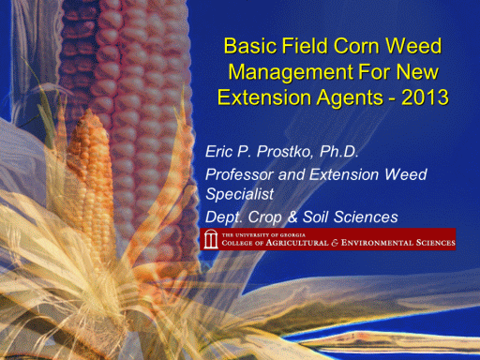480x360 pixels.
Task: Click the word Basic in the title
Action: [x=250, y=46]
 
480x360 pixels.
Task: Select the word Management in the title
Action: [x=291, y=72]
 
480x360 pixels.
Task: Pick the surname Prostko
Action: [x=284, y=152]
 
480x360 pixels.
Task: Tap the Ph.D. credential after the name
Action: [x=338, y=152]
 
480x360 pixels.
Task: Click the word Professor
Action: [x=239, y=174]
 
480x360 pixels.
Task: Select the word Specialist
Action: [x=239, y=194]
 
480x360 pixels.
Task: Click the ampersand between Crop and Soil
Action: [x=292, y=217]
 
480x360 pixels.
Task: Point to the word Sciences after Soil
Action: [x=366, y=217]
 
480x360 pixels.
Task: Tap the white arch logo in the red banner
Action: [x=211, y=239]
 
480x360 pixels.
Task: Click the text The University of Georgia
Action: [x=263, y=235]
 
